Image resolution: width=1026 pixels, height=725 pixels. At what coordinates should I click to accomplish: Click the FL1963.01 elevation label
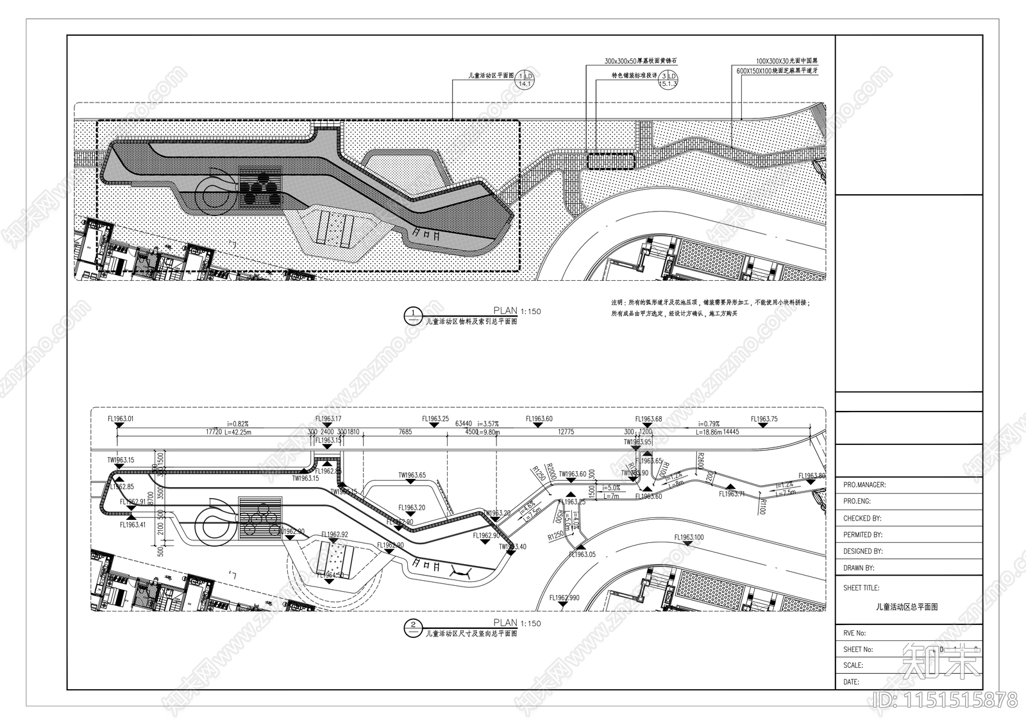click(121, 419)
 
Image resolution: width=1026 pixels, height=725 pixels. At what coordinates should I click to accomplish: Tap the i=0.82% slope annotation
click(238, 424)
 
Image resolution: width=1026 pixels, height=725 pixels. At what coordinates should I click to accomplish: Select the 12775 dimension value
click(566, 432)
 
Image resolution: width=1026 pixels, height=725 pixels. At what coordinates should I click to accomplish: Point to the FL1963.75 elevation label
click(764, 419)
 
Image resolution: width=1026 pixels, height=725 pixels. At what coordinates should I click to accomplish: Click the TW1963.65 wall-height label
click(412, 476)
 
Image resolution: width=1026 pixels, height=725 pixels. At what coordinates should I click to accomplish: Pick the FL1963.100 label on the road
click(689, 537)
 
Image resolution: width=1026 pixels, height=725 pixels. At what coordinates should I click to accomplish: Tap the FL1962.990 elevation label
click(564, 598)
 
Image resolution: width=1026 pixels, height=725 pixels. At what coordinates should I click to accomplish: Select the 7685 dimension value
click(405, 432)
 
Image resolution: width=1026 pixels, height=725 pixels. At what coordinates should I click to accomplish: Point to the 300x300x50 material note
click(641, 62)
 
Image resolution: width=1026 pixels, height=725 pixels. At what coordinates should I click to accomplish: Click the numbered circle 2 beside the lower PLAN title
click(412, 626)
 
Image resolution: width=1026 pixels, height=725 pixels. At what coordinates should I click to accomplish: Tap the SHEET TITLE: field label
click(861, 588)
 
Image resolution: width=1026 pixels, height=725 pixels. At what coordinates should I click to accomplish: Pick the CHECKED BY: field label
click(862, 518)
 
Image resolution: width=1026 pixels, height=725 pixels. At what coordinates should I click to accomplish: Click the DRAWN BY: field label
click(859, 568)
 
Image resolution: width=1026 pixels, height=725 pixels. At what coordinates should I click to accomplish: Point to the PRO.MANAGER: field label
click(864, 485)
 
